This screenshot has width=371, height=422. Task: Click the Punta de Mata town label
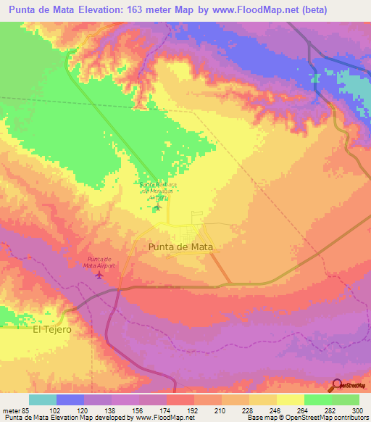184,247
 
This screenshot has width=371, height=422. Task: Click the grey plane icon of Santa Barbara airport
157,209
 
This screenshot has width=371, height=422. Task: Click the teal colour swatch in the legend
43,399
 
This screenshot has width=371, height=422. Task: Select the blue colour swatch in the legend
70,399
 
